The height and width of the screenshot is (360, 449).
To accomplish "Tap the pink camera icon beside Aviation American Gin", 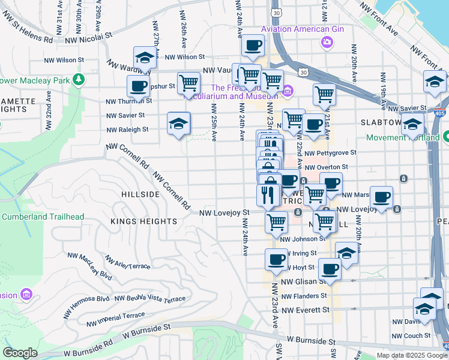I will [x=327, y=41].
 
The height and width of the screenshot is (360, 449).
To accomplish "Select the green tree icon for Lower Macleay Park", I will [x=78, y=79].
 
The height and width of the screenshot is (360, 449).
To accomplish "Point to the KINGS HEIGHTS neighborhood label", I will [x=143, y=221].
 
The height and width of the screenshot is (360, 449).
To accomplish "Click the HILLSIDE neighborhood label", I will [x=140, y=194].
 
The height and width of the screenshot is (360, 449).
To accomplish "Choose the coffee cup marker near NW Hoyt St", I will [x=276, y=259].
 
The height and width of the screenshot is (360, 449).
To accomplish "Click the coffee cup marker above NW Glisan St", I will [x=330, y=268].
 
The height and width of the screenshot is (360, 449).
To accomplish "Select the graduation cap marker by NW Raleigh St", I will [x=178, y=123].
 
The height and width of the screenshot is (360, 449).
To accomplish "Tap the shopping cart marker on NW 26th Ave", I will [x=188, y=83].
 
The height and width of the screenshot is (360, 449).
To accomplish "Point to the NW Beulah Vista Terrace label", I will [x=151, y=299].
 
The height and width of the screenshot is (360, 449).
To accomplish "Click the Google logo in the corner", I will [x=20, y=353].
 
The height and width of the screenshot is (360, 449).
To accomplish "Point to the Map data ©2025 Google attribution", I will [x=411, y=355].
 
